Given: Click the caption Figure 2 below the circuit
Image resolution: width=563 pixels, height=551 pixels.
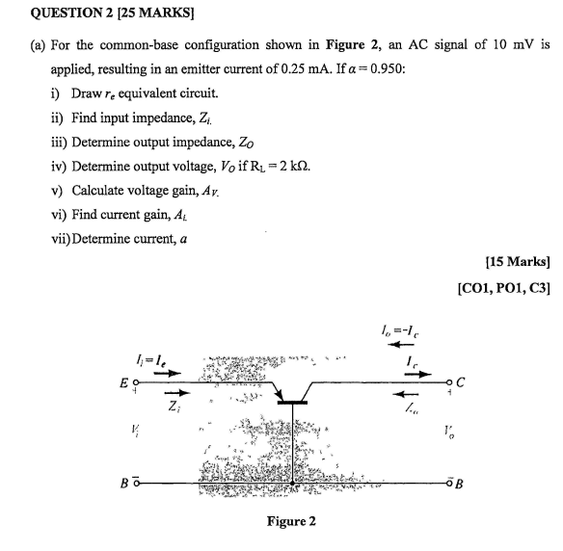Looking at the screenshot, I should click(291, 521).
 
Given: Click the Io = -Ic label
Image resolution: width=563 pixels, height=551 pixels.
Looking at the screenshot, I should click(410, 334).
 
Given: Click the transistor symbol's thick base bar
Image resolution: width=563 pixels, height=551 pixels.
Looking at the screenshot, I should click(293, 404).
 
